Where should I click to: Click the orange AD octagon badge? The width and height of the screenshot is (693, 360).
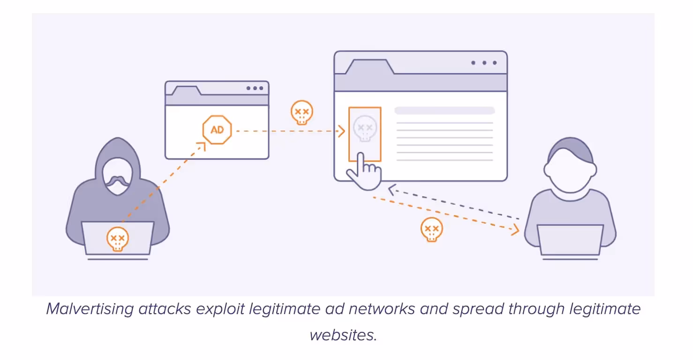[x=217, y=129]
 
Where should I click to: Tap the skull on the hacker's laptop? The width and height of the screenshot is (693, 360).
[x=118, y=239]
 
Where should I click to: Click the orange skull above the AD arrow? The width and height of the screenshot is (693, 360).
[x=301, y=112]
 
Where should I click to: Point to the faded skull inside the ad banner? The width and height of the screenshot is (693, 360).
[x=364, y=128]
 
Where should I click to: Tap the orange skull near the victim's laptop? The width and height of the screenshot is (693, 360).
[x=431, y=230]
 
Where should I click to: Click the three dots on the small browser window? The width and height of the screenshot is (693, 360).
[x=255, y=88]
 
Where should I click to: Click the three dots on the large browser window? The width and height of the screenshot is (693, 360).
[x=484, y=63]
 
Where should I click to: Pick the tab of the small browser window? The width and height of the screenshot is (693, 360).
[x=187, y=90]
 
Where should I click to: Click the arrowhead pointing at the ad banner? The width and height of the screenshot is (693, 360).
[x=342, y=131]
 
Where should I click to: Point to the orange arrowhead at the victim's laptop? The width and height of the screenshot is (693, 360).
[x=515, y=230]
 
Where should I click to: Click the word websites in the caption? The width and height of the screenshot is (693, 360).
[x=343, y=335]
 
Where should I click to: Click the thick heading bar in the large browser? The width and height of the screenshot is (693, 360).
[x=444, y=111]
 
